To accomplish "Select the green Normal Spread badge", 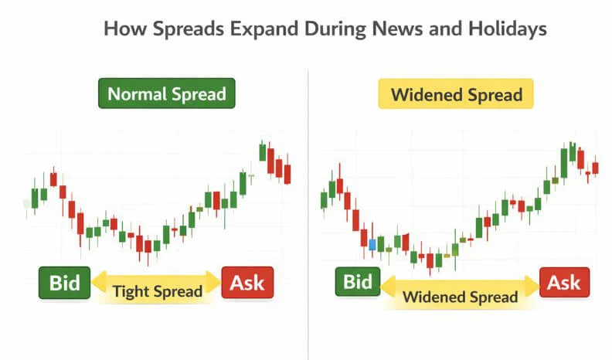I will (166, 94).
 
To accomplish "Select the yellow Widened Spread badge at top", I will (456, 96).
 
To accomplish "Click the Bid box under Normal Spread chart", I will (65, 283).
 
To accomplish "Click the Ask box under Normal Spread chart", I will (247, 283).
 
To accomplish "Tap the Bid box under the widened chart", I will (358, 282).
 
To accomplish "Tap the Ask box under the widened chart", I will (564, 283).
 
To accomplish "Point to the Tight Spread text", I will (157, 292).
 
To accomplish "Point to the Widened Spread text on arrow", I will (460, 297).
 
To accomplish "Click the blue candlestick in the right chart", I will (372, 244).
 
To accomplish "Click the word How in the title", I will (122, 29).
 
